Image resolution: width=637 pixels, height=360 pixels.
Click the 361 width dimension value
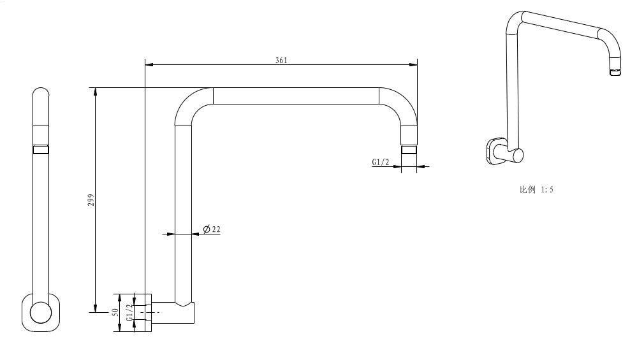tap(281, 61)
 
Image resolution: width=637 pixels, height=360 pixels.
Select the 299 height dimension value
tap(91, 199)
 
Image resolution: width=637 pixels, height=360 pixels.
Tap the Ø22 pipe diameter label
tap(212, 229)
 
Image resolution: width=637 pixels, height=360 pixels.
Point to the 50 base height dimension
tap(115, 312)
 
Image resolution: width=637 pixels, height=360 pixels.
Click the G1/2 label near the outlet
tap(381, 162)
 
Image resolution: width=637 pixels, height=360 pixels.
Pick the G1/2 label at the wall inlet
tap(129, 312)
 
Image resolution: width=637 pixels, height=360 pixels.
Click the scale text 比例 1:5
tap(536, 190)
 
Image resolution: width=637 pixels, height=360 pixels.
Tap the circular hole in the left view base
tap(41, 312)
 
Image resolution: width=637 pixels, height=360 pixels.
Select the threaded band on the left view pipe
tap(41, 150)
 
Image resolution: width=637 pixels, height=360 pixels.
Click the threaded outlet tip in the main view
tap(409, 150)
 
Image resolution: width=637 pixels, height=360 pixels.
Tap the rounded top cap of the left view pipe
tap(41, 93)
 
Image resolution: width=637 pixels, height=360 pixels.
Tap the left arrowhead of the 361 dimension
tap(149, 64)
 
